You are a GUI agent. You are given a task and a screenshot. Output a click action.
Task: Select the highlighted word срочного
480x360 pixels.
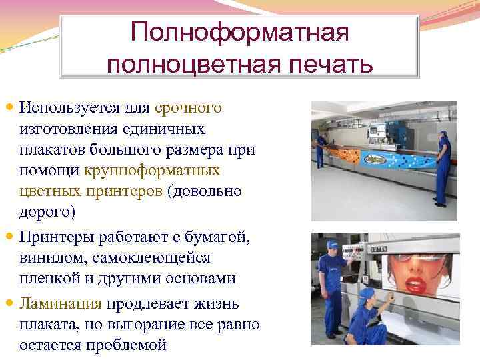(x=188, y=107)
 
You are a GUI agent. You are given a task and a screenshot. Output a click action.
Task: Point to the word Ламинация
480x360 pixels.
(x=61, y=304)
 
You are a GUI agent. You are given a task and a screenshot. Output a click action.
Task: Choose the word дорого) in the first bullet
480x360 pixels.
(x=48, y=213)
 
